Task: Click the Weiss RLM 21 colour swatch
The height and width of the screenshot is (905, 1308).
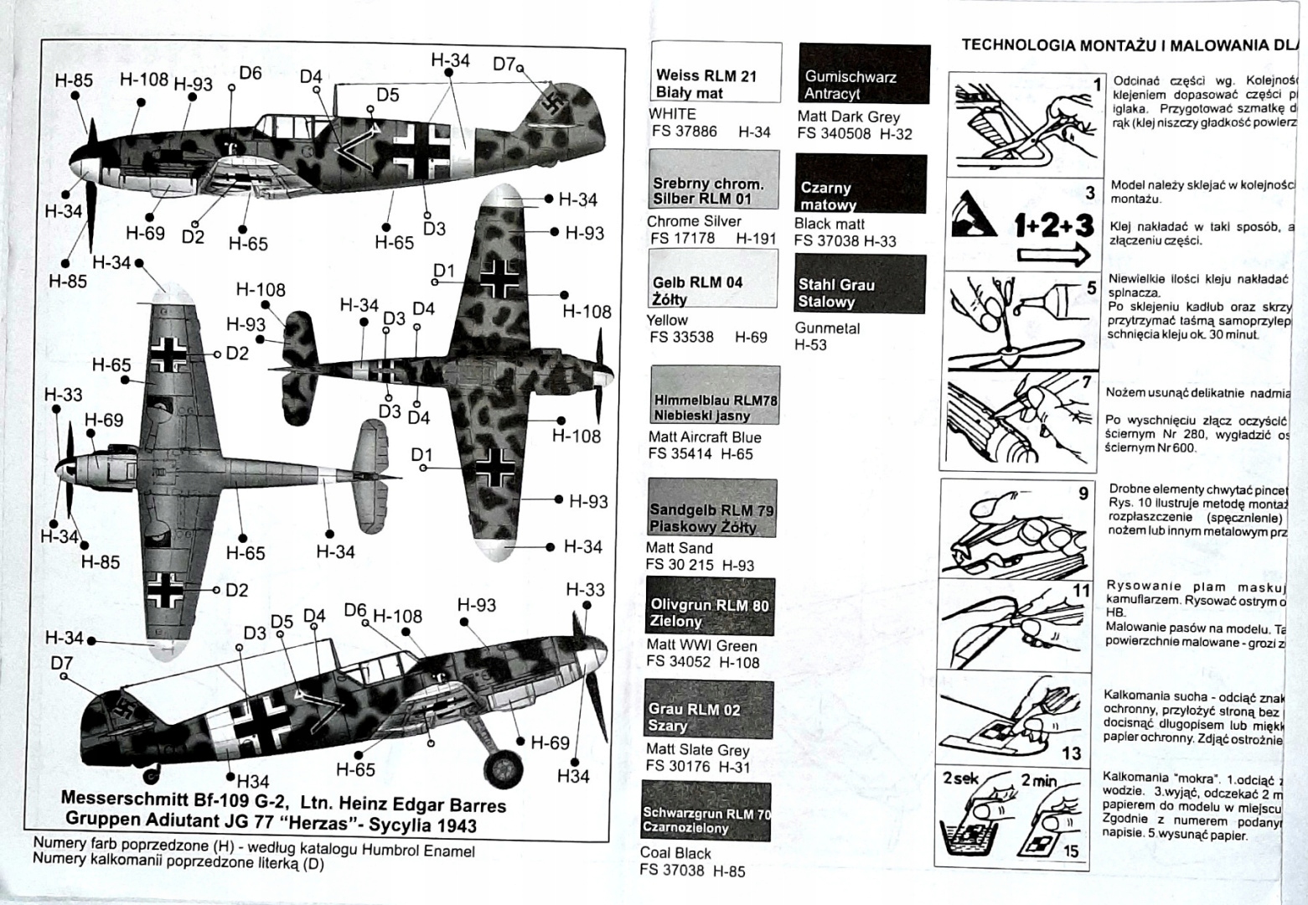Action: [x=715, y=73]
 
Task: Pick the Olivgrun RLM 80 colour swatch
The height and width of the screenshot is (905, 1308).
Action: [x=710, y=607]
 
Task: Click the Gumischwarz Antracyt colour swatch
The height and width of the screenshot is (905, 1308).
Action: [x=864, y=74]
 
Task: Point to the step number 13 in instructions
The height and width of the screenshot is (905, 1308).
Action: [x=1071, y=753]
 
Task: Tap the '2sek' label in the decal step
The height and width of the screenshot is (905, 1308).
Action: [x=960, y=778]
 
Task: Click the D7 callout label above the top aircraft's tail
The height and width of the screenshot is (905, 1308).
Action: [x=504, y=64]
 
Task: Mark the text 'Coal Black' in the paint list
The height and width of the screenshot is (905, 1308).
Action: [x=675, y=853]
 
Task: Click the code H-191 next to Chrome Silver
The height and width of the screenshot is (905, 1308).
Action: [x=756, y=238]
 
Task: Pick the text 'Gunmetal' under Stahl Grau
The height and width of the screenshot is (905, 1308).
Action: [x=827, y=328]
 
